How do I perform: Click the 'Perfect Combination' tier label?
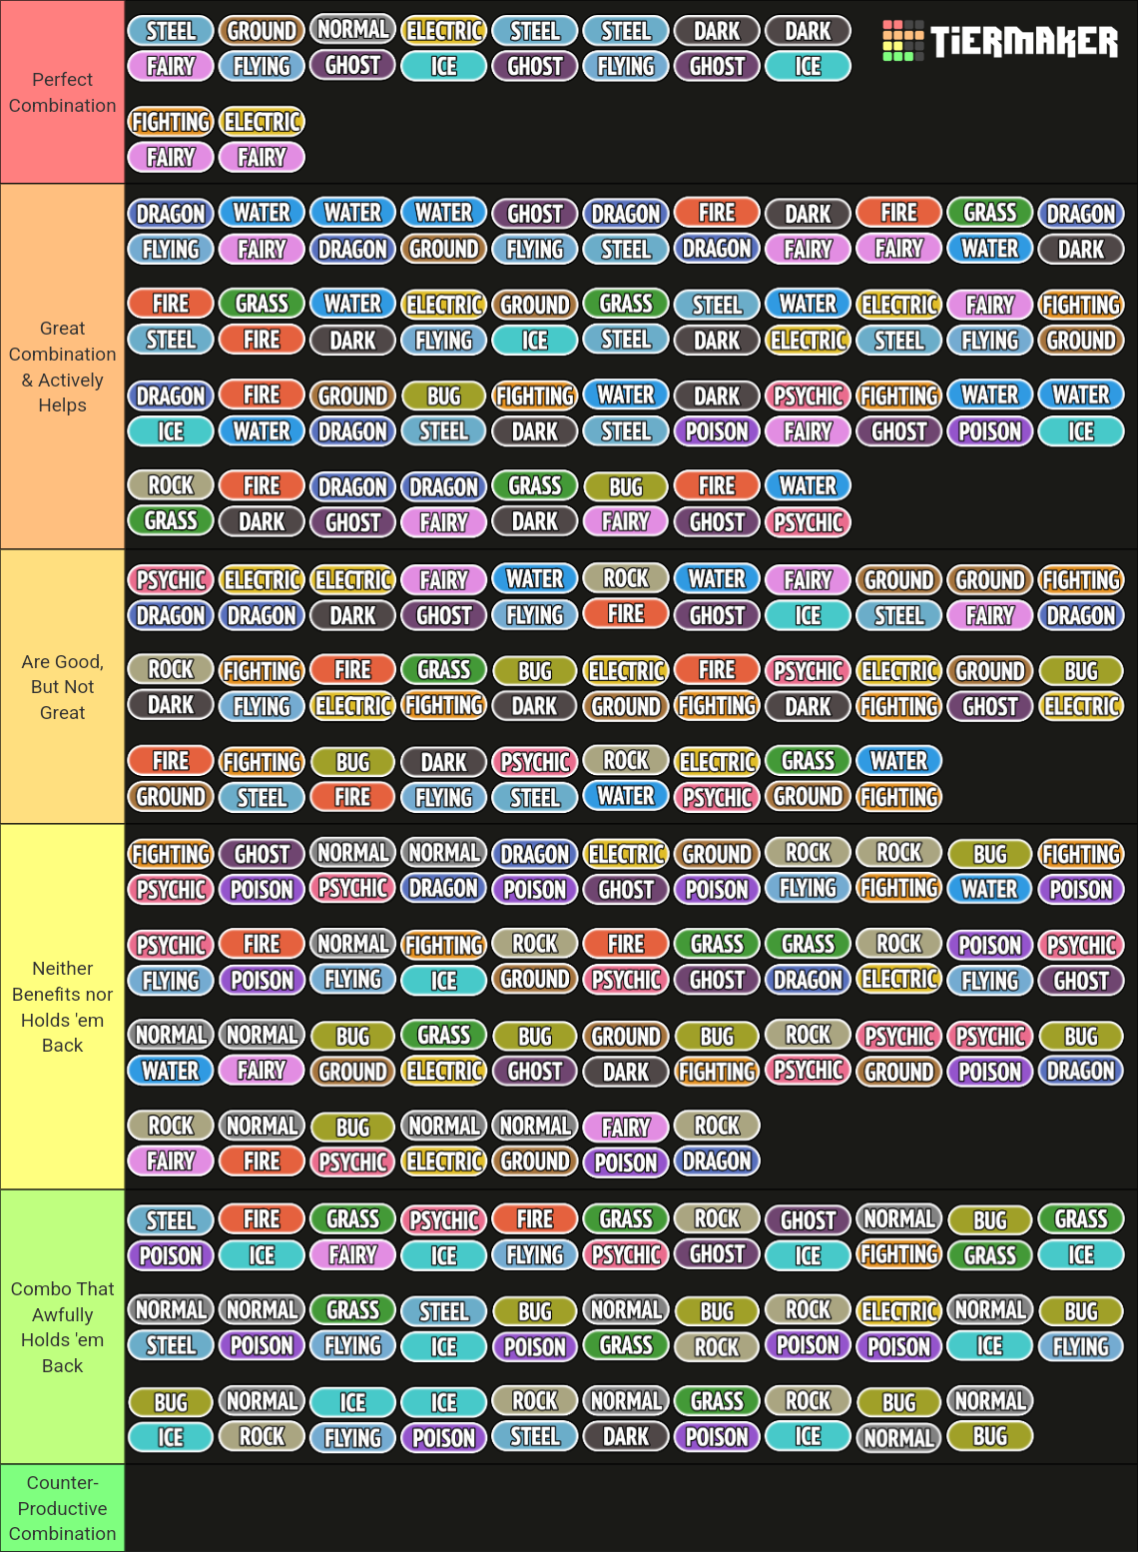[x=62, y=92]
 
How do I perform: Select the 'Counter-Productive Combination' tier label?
[x=62, y=1508]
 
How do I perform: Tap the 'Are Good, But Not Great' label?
[x=62, y=687]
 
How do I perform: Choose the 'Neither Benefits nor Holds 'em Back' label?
[x=62, y=1007]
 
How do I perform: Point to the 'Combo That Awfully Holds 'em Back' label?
[x=62, y=1327]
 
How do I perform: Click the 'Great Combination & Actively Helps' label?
[x=62, y=367]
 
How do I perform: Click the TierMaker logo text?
[x=1023, y=41]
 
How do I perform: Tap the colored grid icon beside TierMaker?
[x=902, y=41]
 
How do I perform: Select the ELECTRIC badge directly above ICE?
[x=444, y=31]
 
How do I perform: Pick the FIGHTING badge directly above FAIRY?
[x=171, y=122]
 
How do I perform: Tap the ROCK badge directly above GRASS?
[x=171, y=485]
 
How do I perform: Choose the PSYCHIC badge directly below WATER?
[x=808, y=522]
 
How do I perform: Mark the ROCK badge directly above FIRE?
[x=626, y=578]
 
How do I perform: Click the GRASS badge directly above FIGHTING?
[x=444, y=669]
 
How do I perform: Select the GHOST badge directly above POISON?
[x=262, y=854]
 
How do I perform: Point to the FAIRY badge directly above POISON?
[x=626, y=1128]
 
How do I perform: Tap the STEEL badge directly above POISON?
[x=171, y=1219]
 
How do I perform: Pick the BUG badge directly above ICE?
[x=171, y=1402]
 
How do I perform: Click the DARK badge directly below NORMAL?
[x=626, y=1437]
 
